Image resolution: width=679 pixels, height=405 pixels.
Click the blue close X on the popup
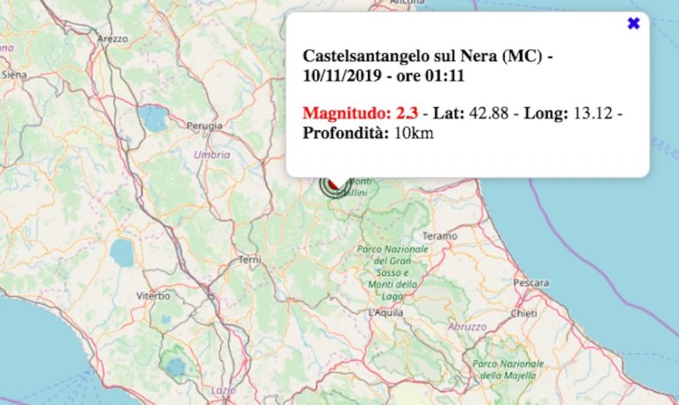tap(633, 24)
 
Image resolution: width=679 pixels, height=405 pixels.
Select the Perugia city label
tap(204, 126)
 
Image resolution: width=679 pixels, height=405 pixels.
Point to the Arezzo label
tap(114, 39)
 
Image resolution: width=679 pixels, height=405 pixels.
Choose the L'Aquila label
tap(386, 312)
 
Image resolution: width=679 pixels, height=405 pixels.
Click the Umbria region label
tap(211, 154)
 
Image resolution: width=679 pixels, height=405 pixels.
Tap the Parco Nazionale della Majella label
tap(507, 370)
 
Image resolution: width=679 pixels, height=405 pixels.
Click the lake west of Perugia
tap(156, 119)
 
